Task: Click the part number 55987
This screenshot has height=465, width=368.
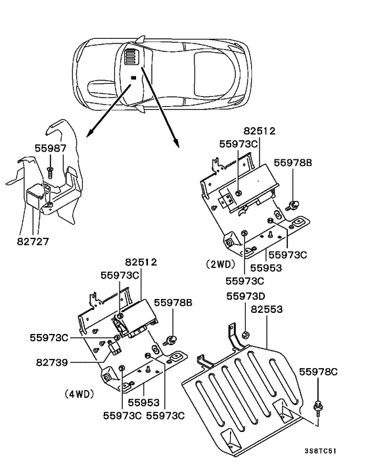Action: tap(50, 149)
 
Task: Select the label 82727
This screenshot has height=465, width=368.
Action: tap(33, 241)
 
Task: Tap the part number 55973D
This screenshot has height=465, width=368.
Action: tap(246, 297)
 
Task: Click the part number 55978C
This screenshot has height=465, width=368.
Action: tap(319, 373)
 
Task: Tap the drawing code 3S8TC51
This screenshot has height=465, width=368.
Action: tap(321, 452)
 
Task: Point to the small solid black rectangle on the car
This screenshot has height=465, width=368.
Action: tap(133, 78)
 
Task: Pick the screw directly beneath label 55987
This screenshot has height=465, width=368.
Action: tap(50, 171)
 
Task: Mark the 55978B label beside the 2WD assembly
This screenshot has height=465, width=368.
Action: tap(293, 161)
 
